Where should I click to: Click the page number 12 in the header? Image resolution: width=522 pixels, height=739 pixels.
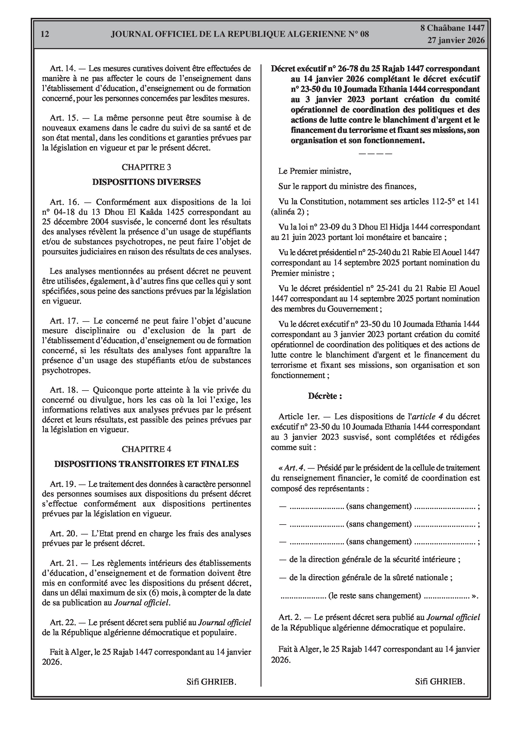(x=45, y=34)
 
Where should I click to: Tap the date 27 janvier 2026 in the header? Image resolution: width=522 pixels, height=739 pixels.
(x=456, y=40)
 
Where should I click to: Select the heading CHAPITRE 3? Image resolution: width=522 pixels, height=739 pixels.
(x=147, y=167)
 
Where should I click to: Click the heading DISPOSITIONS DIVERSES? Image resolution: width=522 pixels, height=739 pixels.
(x=147, y=182)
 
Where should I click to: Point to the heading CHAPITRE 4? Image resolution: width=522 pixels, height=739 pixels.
(x=147, y=449)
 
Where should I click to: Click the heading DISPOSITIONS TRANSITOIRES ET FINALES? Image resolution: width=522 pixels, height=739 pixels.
(x=147, y=464)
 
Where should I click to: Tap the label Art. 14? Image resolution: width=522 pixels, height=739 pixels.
(x=62, y=68)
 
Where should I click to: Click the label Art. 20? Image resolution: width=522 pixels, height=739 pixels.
(x=64, y=534)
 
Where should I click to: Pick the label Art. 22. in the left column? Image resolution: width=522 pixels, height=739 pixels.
(x=63, y=623)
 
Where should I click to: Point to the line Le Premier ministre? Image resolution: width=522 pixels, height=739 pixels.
(x=314, y=171)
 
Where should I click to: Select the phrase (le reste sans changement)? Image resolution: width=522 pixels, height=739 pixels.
(x=375, y=596)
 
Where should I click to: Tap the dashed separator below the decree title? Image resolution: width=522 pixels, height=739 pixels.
(x=375, y=154)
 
